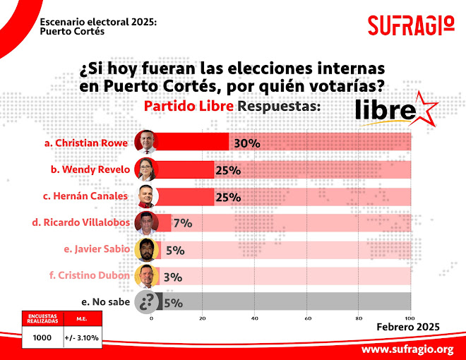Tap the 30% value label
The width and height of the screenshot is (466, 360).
click(x=247, y=143)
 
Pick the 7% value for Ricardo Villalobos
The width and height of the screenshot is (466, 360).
click(x=183, y=223)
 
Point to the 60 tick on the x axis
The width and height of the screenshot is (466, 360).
click(x=308, y=318)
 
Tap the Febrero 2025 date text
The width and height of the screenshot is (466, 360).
click(x=408, y=327)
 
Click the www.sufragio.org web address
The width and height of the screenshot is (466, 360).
click(x=407, y=349)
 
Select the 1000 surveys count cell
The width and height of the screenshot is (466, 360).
click(x=42, y=338)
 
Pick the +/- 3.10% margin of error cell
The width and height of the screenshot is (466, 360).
click(x=83, y=338)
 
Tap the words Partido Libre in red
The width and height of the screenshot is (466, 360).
click(x=189, y=107)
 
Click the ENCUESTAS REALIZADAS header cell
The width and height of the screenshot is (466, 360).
click(x=42, y=319)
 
